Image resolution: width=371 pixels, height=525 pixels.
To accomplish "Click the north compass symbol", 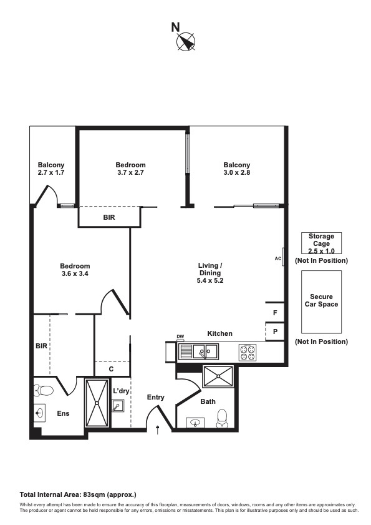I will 185,42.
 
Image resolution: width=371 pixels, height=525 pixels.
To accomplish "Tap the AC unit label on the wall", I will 278,258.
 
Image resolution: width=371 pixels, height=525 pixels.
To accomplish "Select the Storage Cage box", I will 321,243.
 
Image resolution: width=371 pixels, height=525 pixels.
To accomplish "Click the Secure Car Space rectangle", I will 321,301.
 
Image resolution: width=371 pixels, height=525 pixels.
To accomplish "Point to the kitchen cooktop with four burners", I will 248,353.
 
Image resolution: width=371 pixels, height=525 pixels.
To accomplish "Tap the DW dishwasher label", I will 180,337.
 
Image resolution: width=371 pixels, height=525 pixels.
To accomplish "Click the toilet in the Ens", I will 44,391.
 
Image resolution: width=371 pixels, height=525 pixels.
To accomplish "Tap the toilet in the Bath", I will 222,418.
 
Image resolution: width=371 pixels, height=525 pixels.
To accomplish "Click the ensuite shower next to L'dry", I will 96,403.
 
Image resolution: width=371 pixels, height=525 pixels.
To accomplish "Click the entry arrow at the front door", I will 158,429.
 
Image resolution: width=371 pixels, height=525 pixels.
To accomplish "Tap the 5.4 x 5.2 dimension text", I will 211,281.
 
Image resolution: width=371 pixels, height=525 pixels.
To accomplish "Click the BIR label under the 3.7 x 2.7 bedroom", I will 108,217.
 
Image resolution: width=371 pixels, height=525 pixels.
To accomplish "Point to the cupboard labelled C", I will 111,369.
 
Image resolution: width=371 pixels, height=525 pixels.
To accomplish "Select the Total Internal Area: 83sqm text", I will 78,494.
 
